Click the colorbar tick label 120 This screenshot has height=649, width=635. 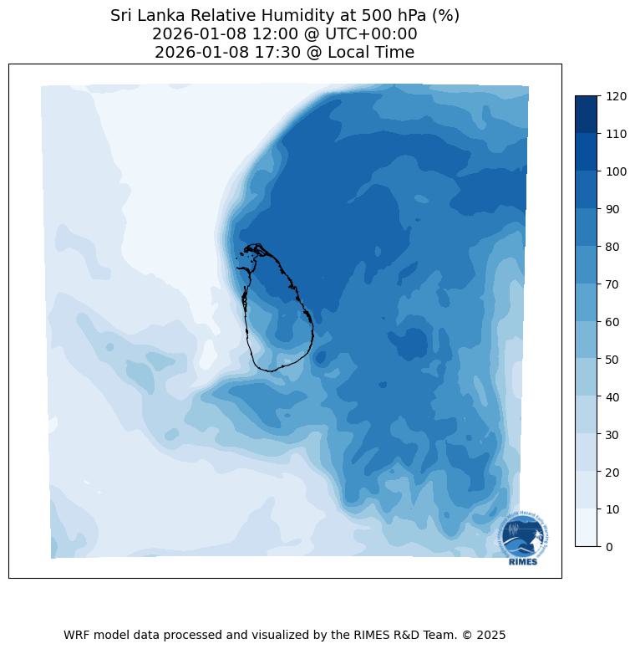pyautogui.click(x=617, y=97)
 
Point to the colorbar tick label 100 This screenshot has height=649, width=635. pyautogui.click(x=617, y=171)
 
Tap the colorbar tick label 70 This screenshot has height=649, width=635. pyautogui.click(x=613, y=284)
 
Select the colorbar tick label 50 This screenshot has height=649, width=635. pyautogui.click(x=613, y=360)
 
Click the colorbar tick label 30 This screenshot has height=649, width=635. pyautogui.click(x=613, y=434)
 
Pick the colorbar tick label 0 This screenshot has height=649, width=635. pyautogui.click(x=610, y=547)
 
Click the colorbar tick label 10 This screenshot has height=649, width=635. pyautogui.click(x=613, y=509)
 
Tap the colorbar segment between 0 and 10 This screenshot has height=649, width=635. pyautogui.click(x=587, y=528)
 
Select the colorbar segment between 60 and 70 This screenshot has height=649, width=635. pyautogui.click(x=587, y=303)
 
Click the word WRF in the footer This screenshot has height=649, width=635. pyautogui.click(x=78, y=635)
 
